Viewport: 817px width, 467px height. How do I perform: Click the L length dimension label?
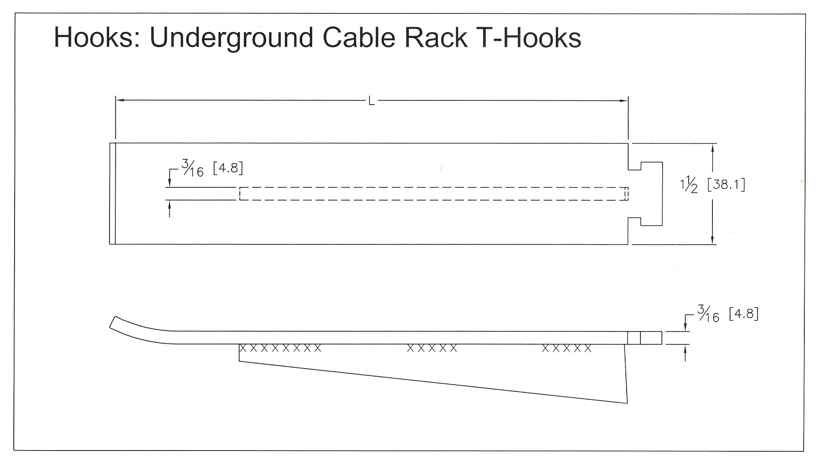click(x=371, y=101)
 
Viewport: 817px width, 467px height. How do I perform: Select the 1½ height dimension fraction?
click(x=689, y=185)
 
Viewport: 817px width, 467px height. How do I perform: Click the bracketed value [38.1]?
click(x=726, y=185)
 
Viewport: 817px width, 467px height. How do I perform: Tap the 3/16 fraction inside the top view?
click(x=193, y=169)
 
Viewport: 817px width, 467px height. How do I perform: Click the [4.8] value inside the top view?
click(x=228, y=168)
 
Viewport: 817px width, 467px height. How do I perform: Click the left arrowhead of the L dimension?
click(x=119, y=100)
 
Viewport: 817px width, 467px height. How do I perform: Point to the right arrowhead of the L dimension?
click(x=624, y=101)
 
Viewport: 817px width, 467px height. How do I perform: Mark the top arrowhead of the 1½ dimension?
click(x=712, y=147)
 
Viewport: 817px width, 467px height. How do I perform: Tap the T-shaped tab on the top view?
click(x=651, y=194)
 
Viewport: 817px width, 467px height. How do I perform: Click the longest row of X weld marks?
click(x=280, y=348)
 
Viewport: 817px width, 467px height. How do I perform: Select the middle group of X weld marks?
click(x=432, y=348)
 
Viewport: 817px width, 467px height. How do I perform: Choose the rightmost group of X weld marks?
click(x=567, y=348)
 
